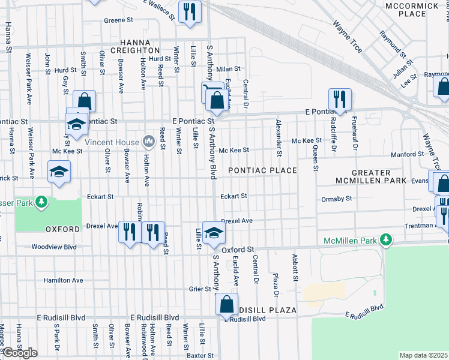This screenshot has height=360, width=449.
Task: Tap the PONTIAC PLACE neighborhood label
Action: tap(262, 170)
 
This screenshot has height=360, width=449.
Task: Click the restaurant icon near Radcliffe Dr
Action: tap(340, 100)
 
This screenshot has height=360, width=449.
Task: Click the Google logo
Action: tap(20, 353)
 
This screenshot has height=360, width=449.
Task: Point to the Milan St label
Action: tap(228, 69)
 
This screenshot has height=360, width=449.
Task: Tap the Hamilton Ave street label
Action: tap(63, 280)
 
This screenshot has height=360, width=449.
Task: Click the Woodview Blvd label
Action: tap(54, 247)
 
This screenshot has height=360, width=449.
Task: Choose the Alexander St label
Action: tap(279, 130)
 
